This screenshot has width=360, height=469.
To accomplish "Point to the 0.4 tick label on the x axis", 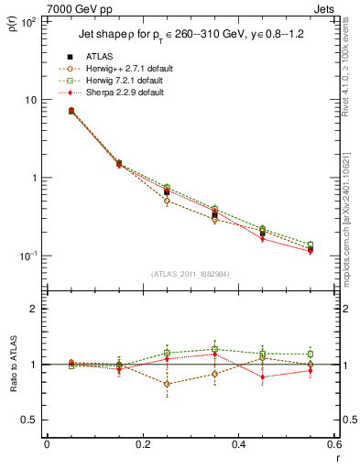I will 238,445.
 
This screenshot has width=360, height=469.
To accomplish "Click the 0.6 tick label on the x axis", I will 333,445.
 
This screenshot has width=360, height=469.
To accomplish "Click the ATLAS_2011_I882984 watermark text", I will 191,274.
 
